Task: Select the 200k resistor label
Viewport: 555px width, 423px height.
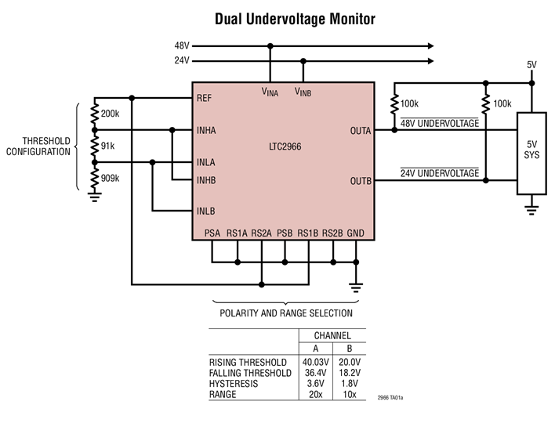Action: click(x=111, y=114)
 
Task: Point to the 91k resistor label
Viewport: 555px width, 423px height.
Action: click(x=108, y=146)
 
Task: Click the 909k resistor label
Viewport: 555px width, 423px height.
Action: click(x=111, y=178)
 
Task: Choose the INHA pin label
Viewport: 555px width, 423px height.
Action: click(x=208, y=130)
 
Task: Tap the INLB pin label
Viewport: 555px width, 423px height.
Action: click(x=208, y=211)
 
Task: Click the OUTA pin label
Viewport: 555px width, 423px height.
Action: click(x=361, y=130)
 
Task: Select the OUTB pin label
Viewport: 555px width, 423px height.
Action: click(x=361, y=181)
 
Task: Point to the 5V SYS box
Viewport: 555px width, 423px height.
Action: click(x=531, y=154)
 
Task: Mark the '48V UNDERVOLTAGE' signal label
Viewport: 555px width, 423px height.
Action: click(x=439, y=123)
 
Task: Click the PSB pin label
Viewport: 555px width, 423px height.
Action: click(x=285, y=233)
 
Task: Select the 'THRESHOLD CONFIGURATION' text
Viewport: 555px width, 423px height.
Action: click(x=38, y=146)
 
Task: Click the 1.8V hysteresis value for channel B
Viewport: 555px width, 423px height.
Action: click(x=350, y=384)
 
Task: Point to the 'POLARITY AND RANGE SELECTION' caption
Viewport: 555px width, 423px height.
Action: click(x=285, y=313)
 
